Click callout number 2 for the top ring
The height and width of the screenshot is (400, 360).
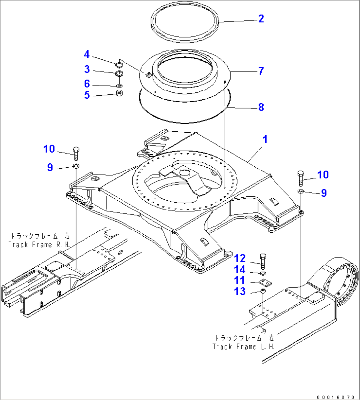click(261, 19)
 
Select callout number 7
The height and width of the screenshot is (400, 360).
click(261, 71)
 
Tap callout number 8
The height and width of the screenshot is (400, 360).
click(261, 107)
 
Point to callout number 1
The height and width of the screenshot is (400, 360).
click(265, 139)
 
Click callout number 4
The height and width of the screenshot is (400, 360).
click(87, 54)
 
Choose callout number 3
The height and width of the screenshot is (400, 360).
click(87, 69)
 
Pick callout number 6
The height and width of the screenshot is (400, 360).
click(87, 84)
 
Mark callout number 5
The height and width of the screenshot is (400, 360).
click(87, 95)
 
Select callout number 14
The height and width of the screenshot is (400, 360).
click(240, 270)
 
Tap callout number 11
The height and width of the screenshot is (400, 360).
click(240, 281)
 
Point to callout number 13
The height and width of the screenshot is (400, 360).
click(240, 291)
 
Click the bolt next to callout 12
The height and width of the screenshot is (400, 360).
click(263, 261)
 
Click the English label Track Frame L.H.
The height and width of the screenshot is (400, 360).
click(243, 347)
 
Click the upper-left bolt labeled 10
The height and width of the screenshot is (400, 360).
click(76, 152)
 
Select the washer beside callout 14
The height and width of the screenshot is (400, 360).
click(263, 273)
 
